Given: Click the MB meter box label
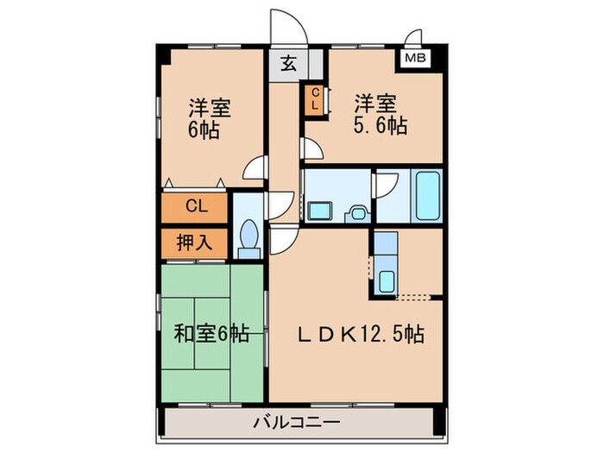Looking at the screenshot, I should [415, 59].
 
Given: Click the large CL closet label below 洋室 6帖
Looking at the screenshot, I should [195, 206].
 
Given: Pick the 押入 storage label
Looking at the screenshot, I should [195, 242].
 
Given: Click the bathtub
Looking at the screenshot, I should [427, 197].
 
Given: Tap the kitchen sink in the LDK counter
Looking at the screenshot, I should [386, 278].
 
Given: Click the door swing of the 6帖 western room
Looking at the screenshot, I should [255, 169].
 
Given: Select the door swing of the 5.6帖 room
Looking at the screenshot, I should [311, 149].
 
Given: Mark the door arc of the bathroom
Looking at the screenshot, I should [386, 184].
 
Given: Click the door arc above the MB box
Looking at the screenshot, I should [414, 38].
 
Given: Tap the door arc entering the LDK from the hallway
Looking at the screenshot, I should [282, 240].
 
